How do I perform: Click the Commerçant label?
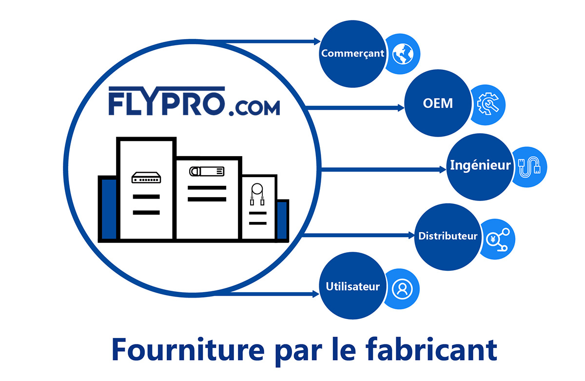point(352,54)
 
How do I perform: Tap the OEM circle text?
point(438,103)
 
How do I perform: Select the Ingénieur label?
point(480,165)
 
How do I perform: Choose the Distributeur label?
point(448,236)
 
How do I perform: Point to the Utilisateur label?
point(352,287)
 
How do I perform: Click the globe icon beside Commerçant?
point(403,54)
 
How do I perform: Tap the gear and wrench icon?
point(488,104)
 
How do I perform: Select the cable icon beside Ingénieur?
point(529,167)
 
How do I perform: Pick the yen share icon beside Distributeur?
point(498,240)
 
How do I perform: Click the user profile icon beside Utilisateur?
point(402,289)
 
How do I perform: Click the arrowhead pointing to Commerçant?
point(317,41)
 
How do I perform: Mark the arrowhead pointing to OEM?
point(401,108)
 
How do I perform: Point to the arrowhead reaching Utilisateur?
point(316,294)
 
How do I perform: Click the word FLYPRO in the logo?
point(167,101)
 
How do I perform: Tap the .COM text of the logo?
point(254,108)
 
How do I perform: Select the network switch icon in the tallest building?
point(146,178)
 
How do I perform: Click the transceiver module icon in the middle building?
point(207,171)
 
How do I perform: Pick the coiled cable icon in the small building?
point(257,194)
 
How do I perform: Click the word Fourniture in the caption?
point(188,350)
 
